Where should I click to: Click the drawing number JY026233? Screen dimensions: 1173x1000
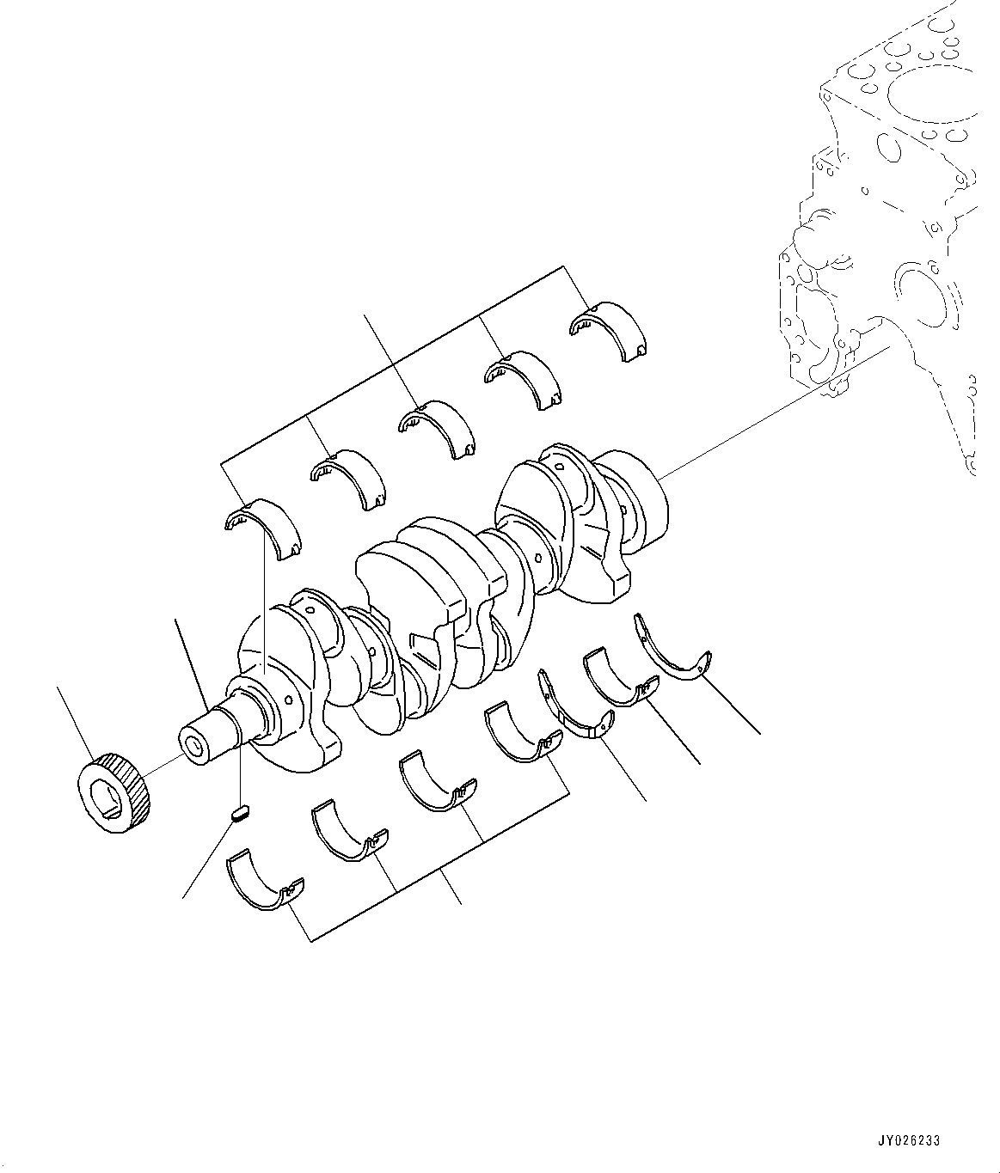(908, 1140)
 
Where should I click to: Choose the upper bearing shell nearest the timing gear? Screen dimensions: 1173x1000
(262, 526)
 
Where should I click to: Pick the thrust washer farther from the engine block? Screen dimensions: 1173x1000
(574, 714)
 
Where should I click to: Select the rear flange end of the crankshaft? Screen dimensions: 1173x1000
(641, 499)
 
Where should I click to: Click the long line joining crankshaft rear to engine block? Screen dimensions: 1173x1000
(774, 408)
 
